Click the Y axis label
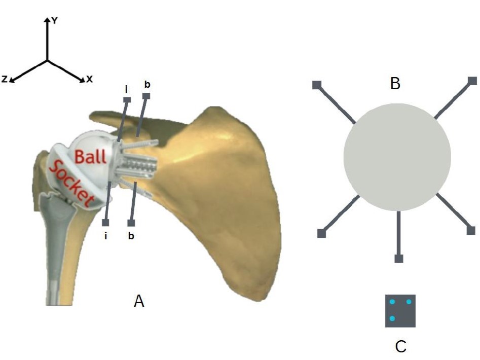click(55, 20)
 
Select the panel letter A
click(139, 302)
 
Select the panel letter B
click(395, 84)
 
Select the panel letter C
click(400, 346)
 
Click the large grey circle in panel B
click(397, 157)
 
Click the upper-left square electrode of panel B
click(316, 85)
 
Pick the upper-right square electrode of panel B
click(472, 81)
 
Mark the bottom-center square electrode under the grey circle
click(399, 259)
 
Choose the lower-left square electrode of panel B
click(321, 233)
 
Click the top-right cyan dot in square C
click(408, 302)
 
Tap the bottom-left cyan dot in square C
click(392, 318)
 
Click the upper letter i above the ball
click(127, 89)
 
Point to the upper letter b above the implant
click(146, 84)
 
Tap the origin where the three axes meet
click(47, 61)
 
